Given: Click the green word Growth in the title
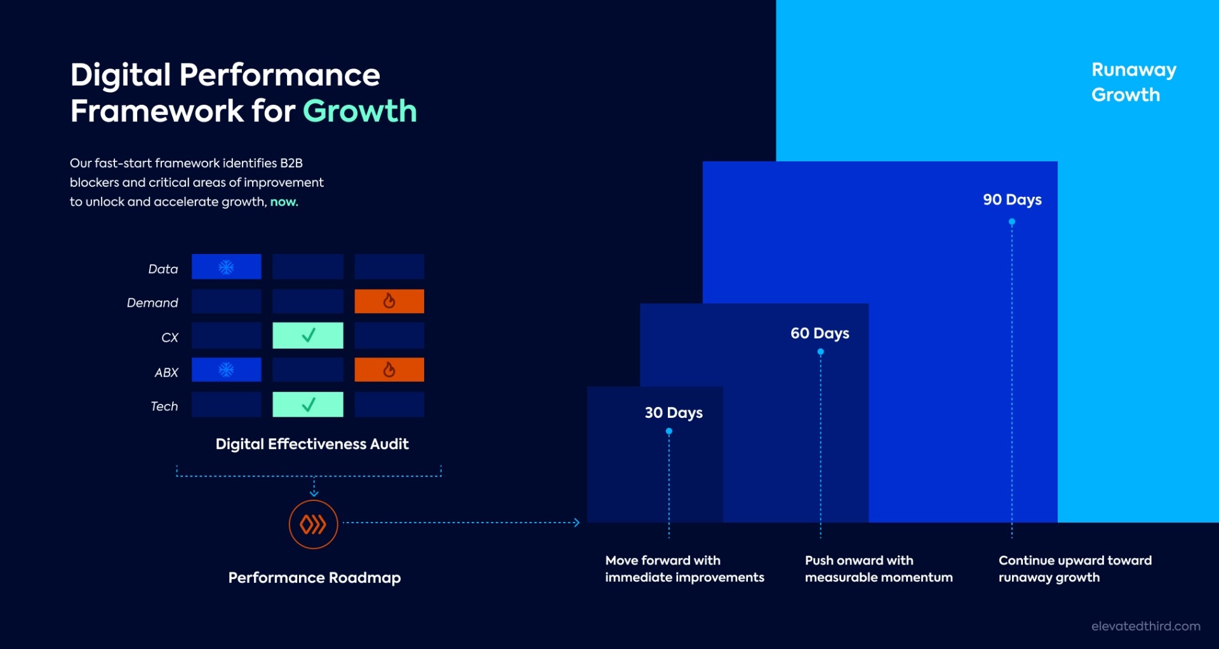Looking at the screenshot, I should tap(359, 111).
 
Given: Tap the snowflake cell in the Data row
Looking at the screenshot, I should tap(227, 267).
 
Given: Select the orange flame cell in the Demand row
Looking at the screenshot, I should tap(389, 301).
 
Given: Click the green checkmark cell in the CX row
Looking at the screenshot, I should tap(308, 335).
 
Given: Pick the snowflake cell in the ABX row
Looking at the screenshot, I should tap(227, 370).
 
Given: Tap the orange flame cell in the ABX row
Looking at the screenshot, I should tap(389, 370).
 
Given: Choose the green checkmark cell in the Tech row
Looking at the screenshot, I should tap(308, 405).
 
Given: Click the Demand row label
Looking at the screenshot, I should tap(152, 303).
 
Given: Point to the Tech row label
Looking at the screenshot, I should tap(164, 406).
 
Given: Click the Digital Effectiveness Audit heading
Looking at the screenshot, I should tap(312, 444).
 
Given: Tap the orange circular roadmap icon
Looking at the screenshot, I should tap(313, 525).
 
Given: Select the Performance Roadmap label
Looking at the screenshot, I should tap(314, 578).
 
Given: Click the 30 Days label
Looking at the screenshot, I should tap(674, 413).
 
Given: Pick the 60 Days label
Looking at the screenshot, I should tap(820, 333).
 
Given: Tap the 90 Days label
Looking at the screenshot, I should tap(1012, 199).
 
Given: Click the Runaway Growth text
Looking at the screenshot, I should tap(1133, 82).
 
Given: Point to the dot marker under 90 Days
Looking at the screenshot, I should tap(1012, 222).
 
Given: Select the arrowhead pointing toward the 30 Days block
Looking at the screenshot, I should tap(576, 523).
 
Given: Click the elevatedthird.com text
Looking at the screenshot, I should tap(1145, 626).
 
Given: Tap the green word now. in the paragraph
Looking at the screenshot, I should tap(284, 202).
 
